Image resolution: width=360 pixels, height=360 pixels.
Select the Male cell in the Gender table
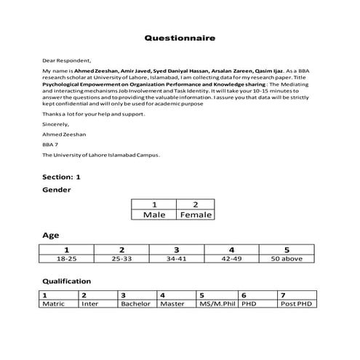tap(154, 215)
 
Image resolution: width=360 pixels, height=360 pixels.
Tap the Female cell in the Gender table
tap(195, 215)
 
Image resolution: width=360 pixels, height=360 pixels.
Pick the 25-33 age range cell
tap(121, 257)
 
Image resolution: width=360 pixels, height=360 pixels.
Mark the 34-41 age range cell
tap(176, 257)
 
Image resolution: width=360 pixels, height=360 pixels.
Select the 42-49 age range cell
tap(231, 257)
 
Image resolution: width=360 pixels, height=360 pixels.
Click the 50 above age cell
tap(287, 257)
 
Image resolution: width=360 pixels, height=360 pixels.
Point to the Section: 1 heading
tap(61, 177)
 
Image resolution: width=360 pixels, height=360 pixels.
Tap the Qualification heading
tap(66, 281)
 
